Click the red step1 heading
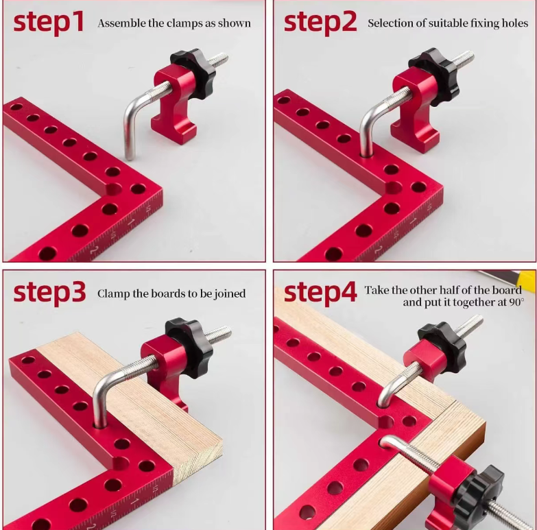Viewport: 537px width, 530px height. tap(49, 23)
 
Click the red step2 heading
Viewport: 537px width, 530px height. tap(320, 23)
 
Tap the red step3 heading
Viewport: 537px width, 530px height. tap(49, 292)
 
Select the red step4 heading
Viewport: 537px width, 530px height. tap(320, 292)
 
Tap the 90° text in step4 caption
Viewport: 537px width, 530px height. tap(517, 302)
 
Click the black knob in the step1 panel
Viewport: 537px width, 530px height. tap(193, 73)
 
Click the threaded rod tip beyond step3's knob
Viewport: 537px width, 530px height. tap(228, 331)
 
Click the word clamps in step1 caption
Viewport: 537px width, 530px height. tap(187, 23)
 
